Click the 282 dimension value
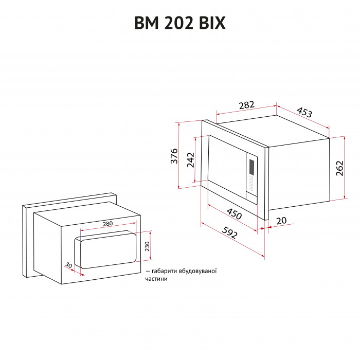[247, 105]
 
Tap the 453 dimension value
[304, 113]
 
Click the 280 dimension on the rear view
[107, 224]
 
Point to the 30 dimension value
[69, 265]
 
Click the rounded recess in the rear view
[106, 249]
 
